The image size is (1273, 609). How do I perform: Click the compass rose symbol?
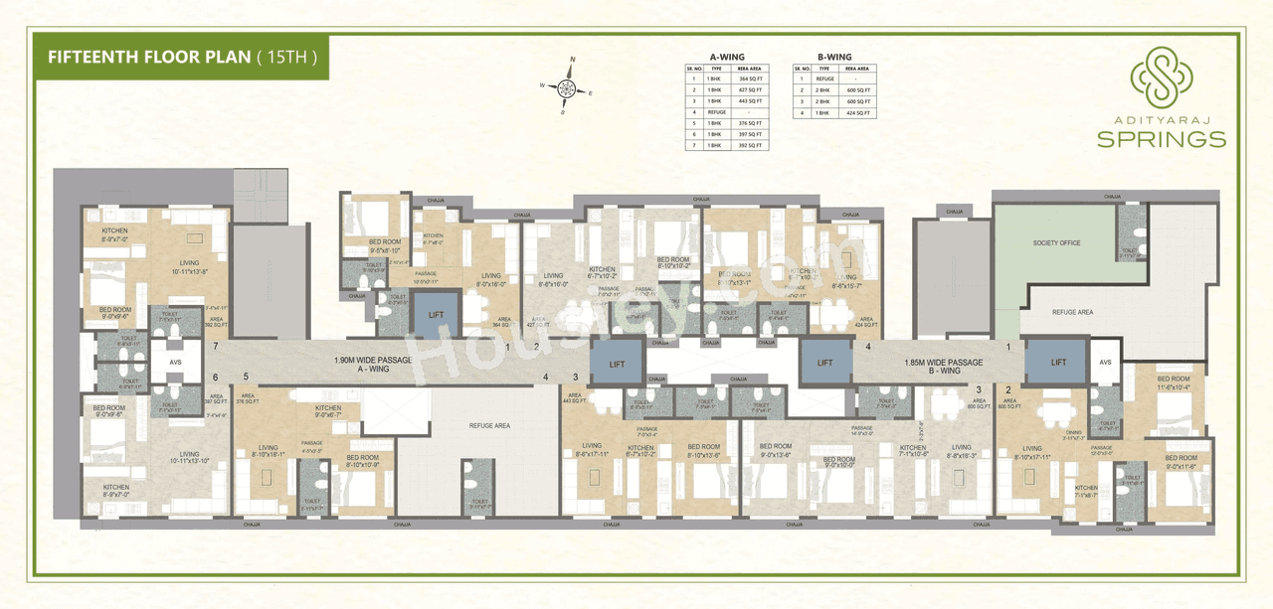pyautogui.click(x=566, y=87)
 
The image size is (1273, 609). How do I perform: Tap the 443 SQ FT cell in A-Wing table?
pyautogui.click(x=750, y=101)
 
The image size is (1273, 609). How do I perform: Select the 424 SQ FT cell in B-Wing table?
pyautogui.click(x=859, y=113)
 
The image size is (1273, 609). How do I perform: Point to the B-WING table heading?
pyautogui.click(x=834, y=57)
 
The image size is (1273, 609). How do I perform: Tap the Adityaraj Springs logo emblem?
pyautogui.click(x=1161, y=74)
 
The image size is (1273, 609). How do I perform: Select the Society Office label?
pyautogui.click(x=1056, y=243)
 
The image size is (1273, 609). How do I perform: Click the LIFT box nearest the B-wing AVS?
pyautogui.click(x=1058, y=363)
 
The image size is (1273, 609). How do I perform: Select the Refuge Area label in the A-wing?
pyautogui.click(x=489, y=425)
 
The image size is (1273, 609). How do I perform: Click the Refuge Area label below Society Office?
pyautogui.click(x=1072, y=312)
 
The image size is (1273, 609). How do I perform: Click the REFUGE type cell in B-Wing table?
pyautogui.click(x=824, y=78)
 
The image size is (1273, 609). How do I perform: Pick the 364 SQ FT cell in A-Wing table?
pyautogui.click(x=750, y=78)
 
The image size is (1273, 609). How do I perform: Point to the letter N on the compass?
pyautogui.click(x=572, y=62)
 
